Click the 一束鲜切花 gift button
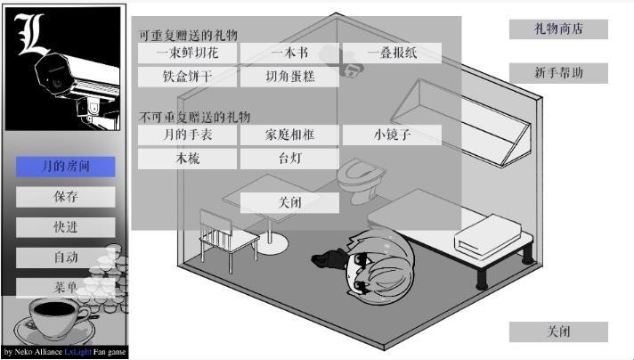pyautogui.click(x=188, y=53)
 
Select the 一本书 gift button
pyautogui.click(x=289, y=53)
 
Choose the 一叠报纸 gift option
pyautogui.click(x=392, y=53)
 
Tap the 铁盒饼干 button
pyautogui.click(x=188, y=77)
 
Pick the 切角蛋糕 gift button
pyautogui.click(x=289, y=77)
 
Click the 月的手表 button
pyautogui.click(x=188, y=135)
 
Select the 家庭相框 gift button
pyautogui.click(x=289, y=135)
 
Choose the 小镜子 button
pyautogui.click(x=392, y=135)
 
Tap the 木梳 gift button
pyautogui.click(x=188, y=159)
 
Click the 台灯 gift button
pyautogui.click(x=289, y=159)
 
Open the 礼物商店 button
pyautogui.click(x=558, y=29)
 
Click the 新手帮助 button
pyautogui.click(x=558, y=73)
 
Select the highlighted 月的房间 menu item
pyautogui.click(x=66, y=167)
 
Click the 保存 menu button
pyautogui.click(x=66, y=197)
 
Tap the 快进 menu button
pyautogui.click(x=66, y=227)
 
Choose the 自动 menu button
pyautogui.click(x=66, y=258)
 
